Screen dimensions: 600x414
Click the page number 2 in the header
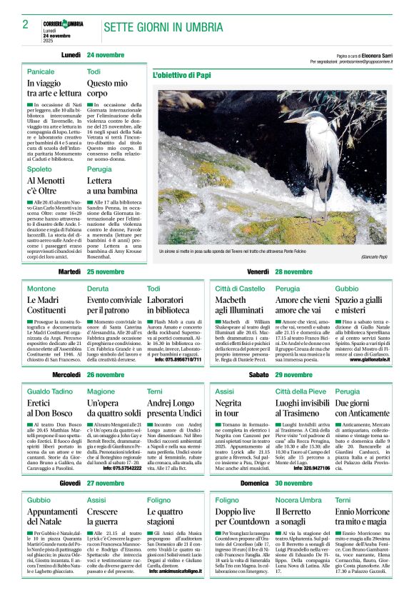25,24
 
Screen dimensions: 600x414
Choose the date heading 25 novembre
106,272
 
